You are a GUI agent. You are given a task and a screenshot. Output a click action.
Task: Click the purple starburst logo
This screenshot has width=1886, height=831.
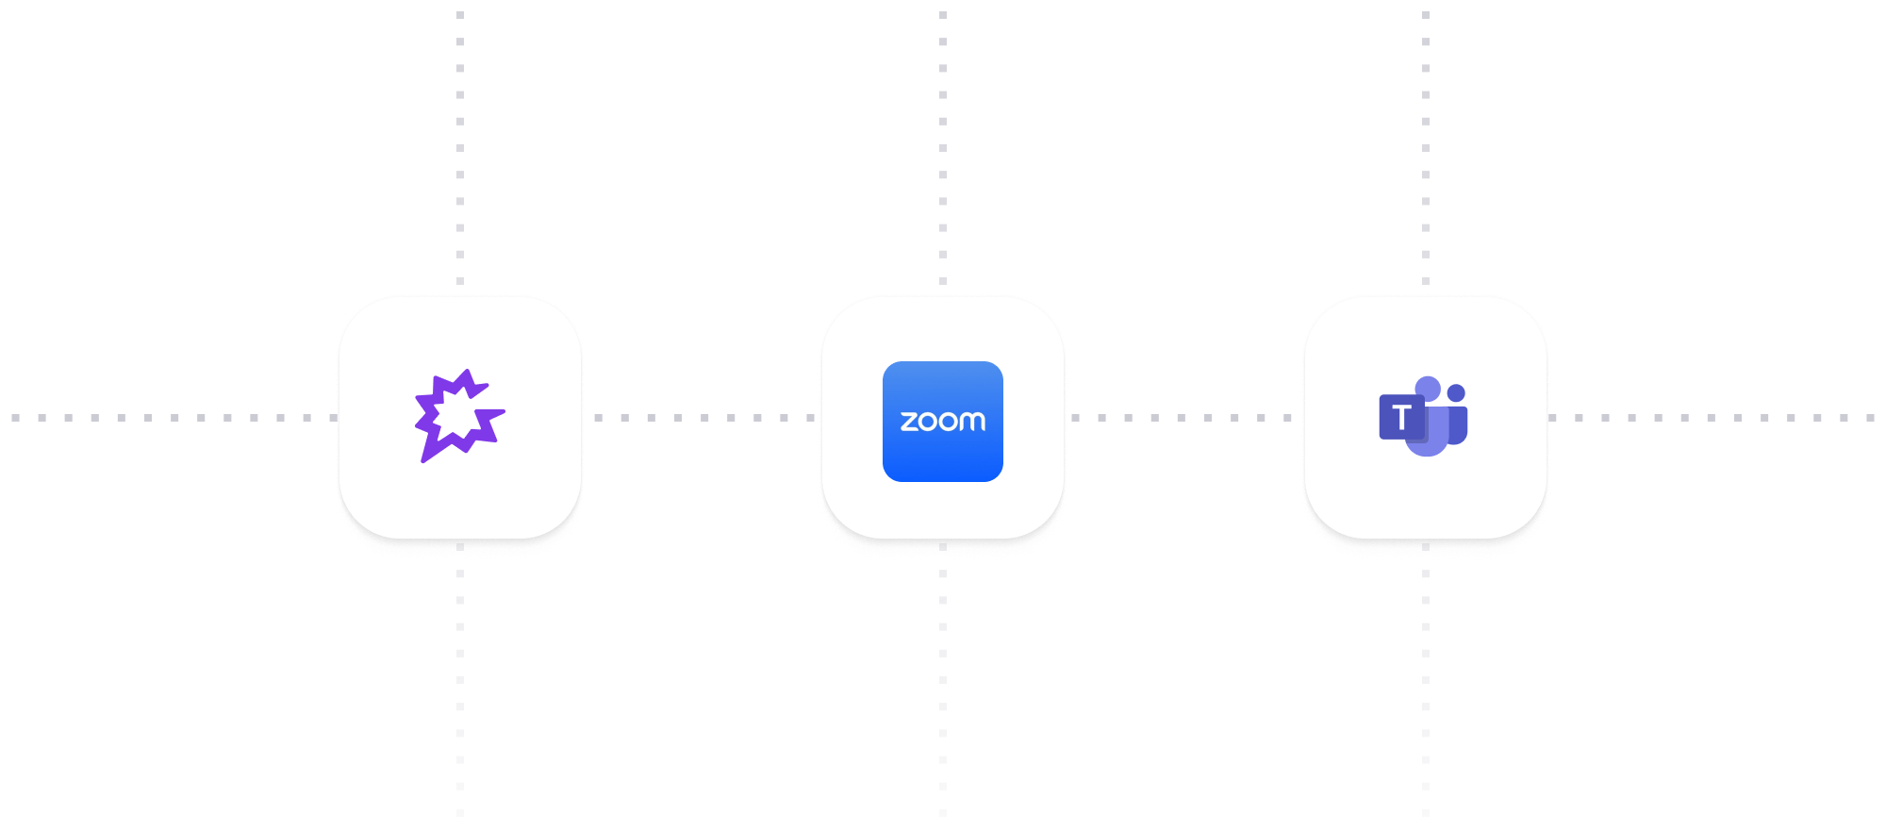[459, 416]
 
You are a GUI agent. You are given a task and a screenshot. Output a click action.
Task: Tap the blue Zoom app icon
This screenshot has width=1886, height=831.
[942, 422]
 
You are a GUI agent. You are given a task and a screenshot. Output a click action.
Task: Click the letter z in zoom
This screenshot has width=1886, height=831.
[908, 422]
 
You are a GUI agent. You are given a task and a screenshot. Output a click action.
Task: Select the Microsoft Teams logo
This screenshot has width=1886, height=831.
[1424, 416]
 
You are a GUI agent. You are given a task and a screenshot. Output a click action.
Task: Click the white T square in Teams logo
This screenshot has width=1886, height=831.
[1401, 418]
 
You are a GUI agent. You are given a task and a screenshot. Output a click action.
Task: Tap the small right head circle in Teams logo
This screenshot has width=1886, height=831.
[1456, 392]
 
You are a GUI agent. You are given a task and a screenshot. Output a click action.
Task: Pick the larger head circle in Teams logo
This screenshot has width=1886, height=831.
[1428, 388]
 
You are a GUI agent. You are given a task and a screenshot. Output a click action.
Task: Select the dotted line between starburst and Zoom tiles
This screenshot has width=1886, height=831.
[703, 418]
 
